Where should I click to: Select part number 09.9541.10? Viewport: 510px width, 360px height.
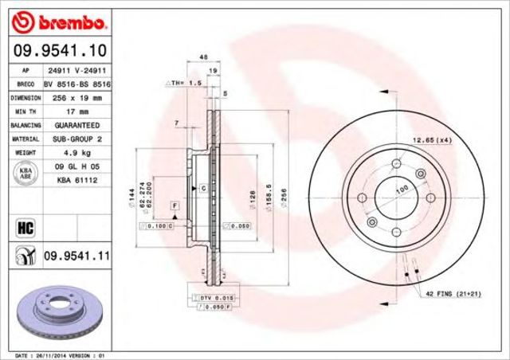pyautogui.click(x=59, y=51)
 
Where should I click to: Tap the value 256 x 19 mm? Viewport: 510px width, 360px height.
pyautogui.click(x=76, y=97)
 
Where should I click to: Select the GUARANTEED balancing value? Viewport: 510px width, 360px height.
pyautogui.click(x=76, y=125)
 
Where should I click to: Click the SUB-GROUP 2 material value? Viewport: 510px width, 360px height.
pyautogui.click(x=76, y=139)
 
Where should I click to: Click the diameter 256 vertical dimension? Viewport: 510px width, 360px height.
pyautogui.click(x=284, y=193)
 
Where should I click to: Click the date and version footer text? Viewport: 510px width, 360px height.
pyautogui.click(x=61, y=354)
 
